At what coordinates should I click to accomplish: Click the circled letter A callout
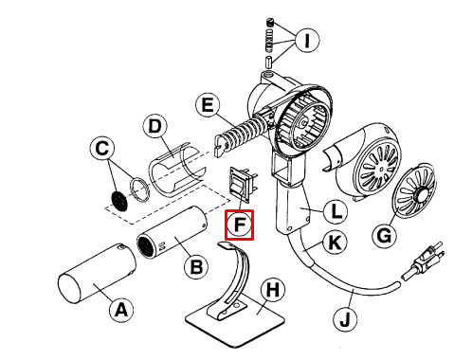point(121,310)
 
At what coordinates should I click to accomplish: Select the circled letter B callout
point(196,267)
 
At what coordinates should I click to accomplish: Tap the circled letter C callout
point(102,148)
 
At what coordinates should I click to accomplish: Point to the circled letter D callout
point(154,126)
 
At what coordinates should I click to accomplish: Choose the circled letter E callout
point(208,105)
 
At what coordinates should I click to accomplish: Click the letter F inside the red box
point(240,225)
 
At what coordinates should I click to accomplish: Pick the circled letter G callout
point(384,236)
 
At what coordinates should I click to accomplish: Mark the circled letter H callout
point(273,289)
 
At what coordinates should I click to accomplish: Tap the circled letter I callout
point(307,41)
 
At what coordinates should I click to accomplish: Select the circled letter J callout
point(345,319)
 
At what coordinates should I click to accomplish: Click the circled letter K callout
point(335,243)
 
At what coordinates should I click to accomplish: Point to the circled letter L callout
point(336,211)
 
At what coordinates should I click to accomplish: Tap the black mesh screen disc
point(119,201)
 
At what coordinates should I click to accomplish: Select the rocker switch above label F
point(243,184)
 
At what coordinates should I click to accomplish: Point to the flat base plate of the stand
point(235,320)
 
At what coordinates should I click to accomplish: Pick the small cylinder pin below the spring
point(268,62)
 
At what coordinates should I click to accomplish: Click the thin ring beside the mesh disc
point(140,189)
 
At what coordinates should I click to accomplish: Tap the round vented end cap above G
point(413,190)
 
